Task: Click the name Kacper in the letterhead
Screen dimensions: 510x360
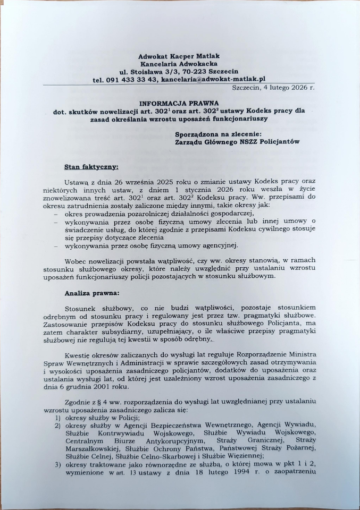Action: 182,56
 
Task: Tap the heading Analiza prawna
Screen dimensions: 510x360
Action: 91,293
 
